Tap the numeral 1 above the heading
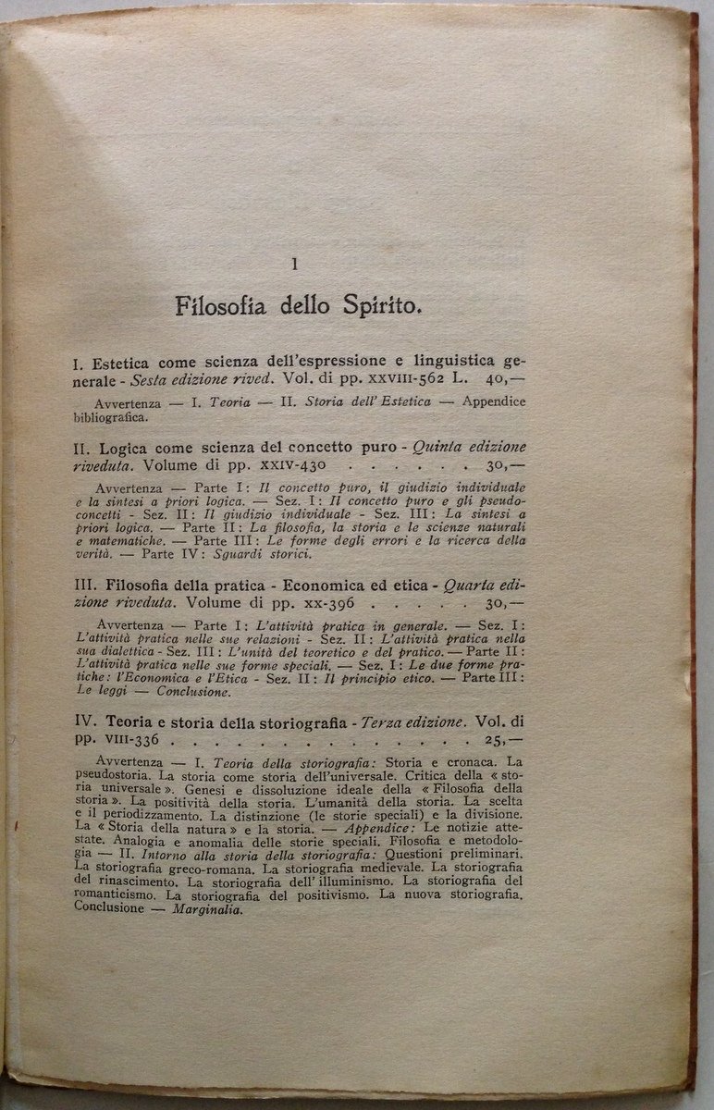294,265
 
